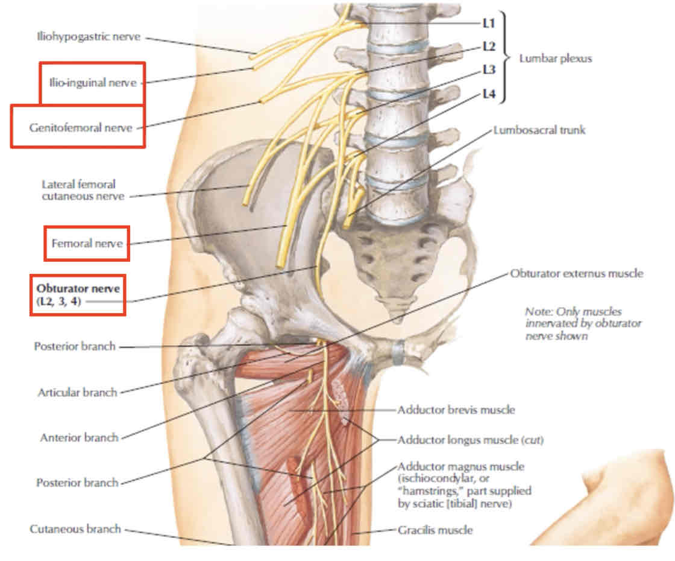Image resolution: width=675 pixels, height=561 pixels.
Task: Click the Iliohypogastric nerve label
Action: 87,37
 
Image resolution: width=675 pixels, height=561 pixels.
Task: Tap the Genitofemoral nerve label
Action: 80,127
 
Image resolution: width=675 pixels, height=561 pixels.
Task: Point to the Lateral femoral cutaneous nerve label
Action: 83,190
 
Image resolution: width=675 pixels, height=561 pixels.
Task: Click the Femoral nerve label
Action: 87,244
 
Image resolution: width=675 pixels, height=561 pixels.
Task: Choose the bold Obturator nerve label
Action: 78,289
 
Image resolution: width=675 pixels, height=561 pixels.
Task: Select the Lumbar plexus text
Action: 555,59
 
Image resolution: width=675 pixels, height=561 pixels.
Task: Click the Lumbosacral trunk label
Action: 539,130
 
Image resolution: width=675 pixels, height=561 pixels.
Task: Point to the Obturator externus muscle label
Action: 576,273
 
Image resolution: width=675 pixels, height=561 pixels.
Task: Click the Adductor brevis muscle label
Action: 456,410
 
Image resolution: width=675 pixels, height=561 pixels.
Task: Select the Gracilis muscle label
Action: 435,530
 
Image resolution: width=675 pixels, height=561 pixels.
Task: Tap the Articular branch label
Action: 77,393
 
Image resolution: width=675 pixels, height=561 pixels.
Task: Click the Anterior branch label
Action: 79,437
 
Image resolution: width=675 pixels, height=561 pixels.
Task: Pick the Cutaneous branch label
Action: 75,529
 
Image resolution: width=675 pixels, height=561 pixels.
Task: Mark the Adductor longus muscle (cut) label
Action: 470,440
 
